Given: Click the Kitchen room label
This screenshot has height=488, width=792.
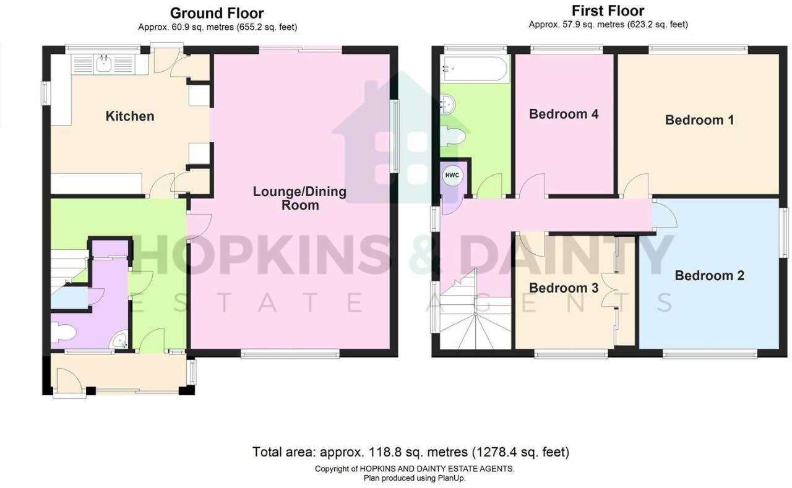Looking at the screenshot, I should click(x=129, y=116).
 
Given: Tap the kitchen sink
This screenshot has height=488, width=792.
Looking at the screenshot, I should click(x=102, y=64).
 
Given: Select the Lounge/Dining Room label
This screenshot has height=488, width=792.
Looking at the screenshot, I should click(x=299, y=198).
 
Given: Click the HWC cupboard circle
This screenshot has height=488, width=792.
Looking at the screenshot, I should click(x=452, y=176).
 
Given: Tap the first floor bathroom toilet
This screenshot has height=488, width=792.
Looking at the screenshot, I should click(x=451, y=136).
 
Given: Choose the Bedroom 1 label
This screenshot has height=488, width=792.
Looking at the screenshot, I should click(x=699, y=120).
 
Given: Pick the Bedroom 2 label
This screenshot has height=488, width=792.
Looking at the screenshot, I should click(x=709, y=276).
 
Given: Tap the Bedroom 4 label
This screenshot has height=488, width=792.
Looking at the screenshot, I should click(x=564, y=114).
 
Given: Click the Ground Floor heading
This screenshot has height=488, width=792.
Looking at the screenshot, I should click(x=217, y=13).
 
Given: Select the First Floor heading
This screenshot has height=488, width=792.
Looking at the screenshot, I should click(x=608, y=11).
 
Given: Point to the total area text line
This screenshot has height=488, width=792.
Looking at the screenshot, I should click(x=410, y=452).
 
